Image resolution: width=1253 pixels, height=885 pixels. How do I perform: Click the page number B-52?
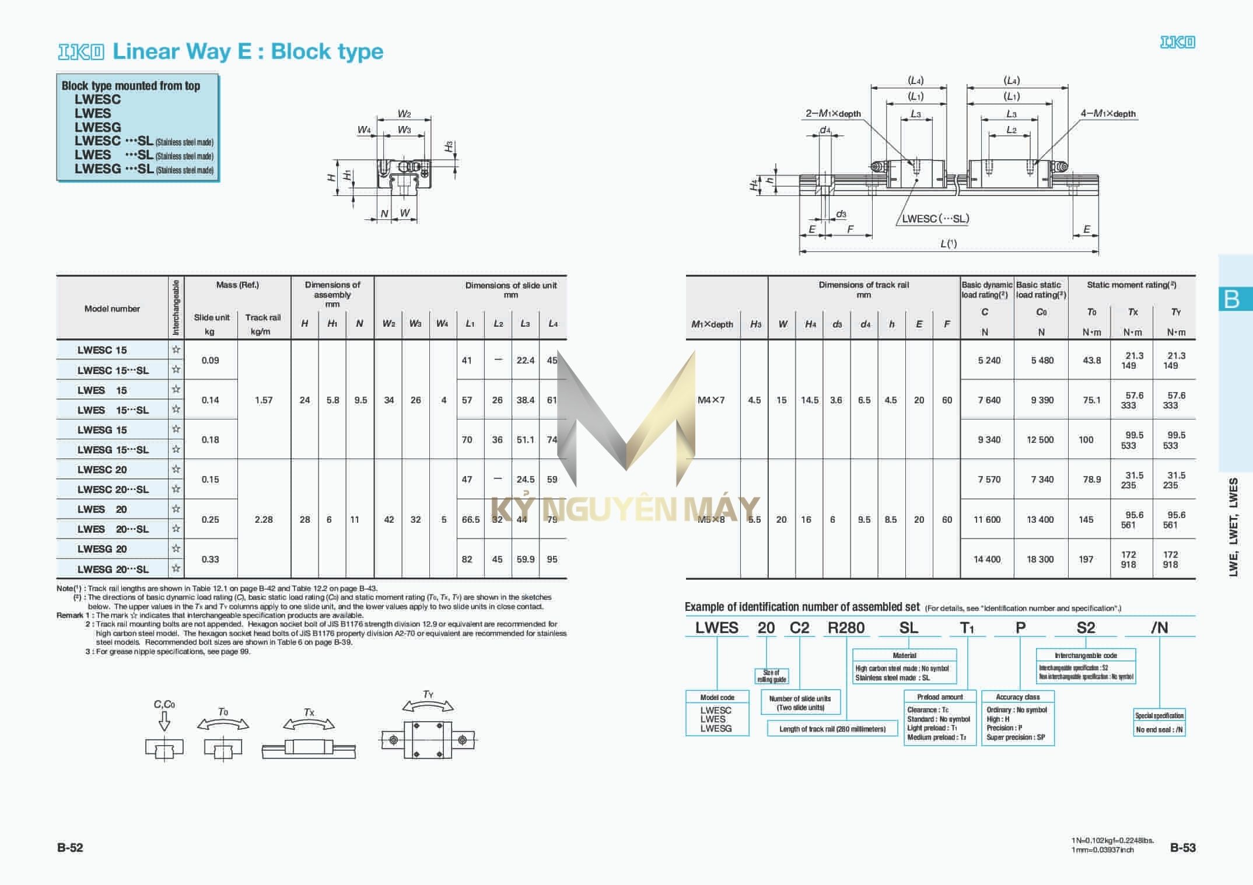70,848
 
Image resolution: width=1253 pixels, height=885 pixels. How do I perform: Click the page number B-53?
1182,848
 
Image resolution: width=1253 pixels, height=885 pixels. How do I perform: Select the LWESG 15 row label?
102,430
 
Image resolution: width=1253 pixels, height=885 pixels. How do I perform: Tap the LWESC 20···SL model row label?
113,489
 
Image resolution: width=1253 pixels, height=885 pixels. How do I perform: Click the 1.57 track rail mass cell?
264,400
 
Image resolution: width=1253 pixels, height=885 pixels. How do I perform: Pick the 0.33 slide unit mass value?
210,559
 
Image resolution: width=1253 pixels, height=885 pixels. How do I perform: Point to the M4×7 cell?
711,400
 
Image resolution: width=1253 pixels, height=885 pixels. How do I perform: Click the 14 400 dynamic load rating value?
986,559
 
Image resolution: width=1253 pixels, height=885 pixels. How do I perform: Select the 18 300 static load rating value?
1040,559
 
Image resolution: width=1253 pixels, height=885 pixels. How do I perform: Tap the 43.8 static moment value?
1091,361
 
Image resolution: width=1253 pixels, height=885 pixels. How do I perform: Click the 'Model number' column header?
112,309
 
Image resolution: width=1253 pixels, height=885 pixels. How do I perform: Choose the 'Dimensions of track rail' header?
863,285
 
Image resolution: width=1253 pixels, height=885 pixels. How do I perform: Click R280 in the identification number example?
846,628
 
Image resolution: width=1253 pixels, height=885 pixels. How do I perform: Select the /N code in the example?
1159,628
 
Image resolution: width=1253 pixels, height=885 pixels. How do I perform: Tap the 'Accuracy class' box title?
1017,697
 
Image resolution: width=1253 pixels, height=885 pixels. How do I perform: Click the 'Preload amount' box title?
940,697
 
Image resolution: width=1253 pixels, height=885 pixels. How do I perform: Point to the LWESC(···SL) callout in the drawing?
935,219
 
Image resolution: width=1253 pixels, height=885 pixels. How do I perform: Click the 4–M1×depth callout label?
1108,114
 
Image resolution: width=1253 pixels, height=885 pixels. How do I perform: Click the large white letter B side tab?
1231,299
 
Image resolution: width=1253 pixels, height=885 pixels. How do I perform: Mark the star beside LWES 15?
176,390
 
